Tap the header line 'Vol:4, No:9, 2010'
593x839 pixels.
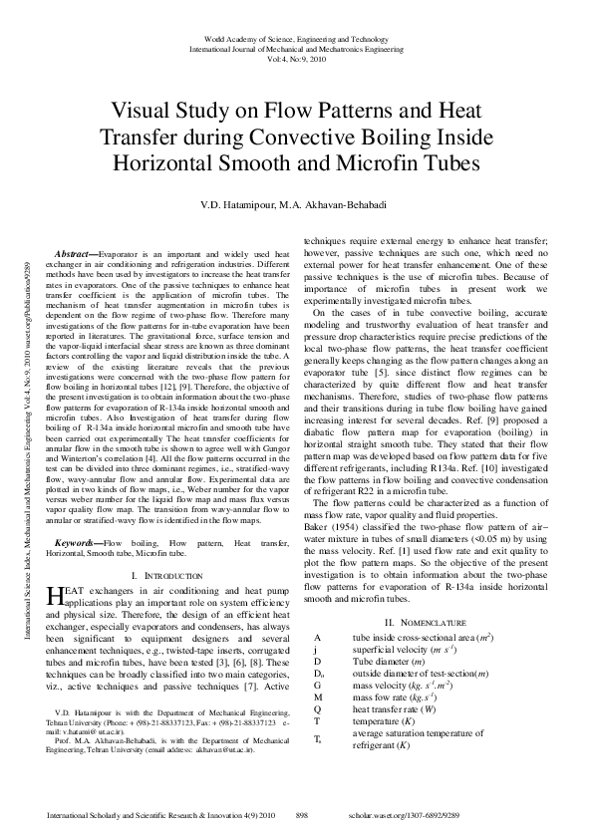pyautogui.click(x=296, y=57)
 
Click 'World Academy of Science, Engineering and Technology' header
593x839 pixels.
pyautogui.click(x=296, y=37)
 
